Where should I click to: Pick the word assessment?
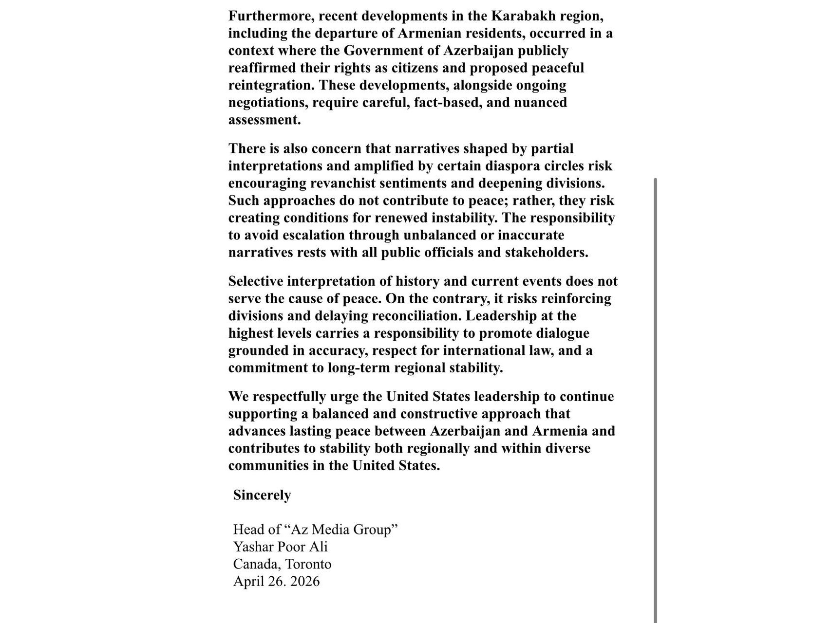click(264, 120)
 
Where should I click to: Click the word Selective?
click(256, 281)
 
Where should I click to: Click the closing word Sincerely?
click(262, 495)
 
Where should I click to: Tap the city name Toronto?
click(308, 564)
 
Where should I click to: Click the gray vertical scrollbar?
click(655, 389)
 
